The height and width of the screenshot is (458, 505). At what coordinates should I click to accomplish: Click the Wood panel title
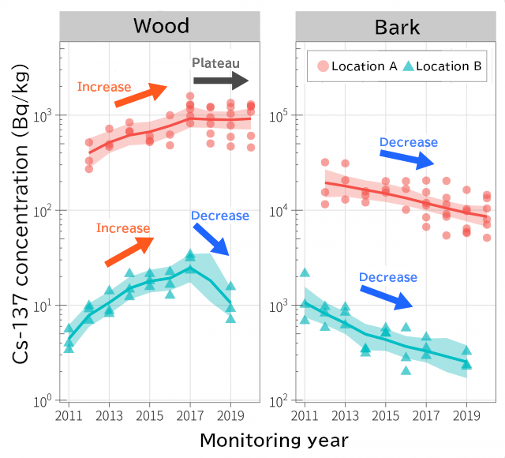(x=161, y=26)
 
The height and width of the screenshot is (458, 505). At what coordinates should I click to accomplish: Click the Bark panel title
(x=397, y=28)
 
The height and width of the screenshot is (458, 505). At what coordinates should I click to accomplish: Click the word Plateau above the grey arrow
(x=215, y=63)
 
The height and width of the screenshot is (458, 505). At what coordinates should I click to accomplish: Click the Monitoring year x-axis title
(x=273, y=438)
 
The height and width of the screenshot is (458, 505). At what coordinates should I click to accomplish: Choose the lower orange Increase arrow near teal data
(x=128, y=251)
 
